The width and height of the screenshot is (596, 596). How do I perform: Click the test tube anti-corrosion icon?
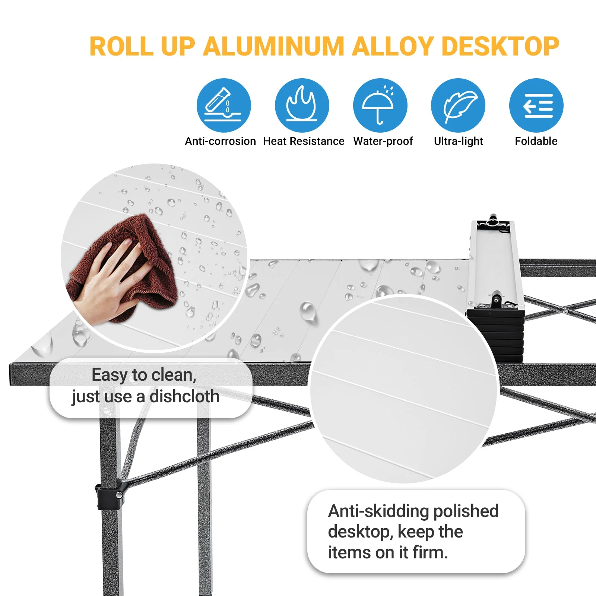pyautogui.click(x=223, y=105)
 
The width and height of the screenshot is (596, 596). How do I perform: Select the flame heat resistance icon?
pyautogui.click(x=302, y=105)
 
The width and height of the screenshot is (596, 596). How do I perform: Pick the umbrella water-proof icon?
pyautogui.click(x=380, y=105)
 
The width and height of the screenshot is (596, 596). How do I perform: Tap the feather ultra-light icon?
pyautogui.click(x=458, y=105)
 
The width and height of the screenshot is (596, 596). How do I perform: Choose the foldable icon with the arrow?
pyautogui.click(x=536, y=105)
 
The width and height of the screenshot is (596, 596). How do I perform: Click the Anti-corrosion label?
pyautogui.click(x=220, y=141)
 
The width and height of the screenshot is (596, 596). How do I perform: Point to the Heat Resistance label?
pyautogui.click(x=304, y=141)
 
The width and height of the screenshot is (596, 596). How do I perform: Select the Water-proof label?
pyautogui.click(x=383, y=141)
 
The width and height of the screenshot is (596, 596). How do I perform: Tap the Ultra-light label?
pyautogui.click(x=458, y=141)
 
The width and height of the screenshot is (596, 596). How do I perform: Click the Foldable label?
pyautogui.click(x=536, y=141)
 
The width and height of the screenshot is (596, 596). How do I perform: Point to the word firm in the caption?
pyautogui.click(x=430, y=552)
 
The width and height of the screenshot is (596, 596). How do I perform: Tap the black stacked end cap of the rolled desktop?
pyautogui.click(x=496, y=335)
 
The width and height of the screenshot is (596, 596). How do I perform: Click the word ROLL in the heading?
pyautogui.click(x=121, y=47)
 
